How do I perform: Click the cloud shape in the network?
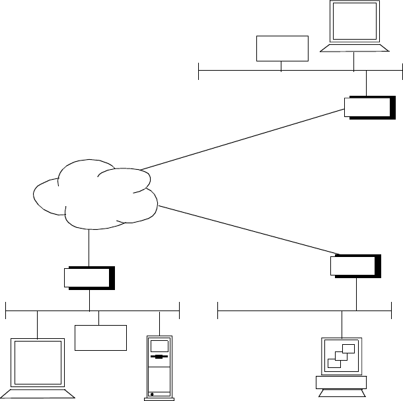(x=96, y=195)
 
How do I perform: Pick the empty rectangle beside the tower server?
(x=100, y=338)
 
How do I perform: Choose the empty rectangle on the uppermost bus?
(x=282, y=48)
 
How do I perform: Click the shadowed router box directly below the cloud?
(x=89, y=278)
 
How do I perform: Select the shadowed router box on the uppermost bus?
(x=369, y=107)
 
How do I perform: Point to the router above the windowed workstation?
(x=355, y=265)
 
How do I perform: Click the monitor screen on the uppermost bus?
(x=355, y=22)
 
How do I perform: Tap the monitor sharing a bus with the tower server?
(x=37, y=363)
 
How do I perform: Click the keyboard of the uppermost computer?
(x=355, y=48)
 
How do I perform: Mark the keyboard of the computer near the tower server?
(x=38, y=394)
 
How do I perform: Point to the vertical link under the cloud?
(x=89, y=248)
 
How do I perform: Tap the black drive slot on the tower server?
(x=159, y=357)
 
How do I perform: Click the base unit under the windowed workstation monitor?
(x=341, y=383)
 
